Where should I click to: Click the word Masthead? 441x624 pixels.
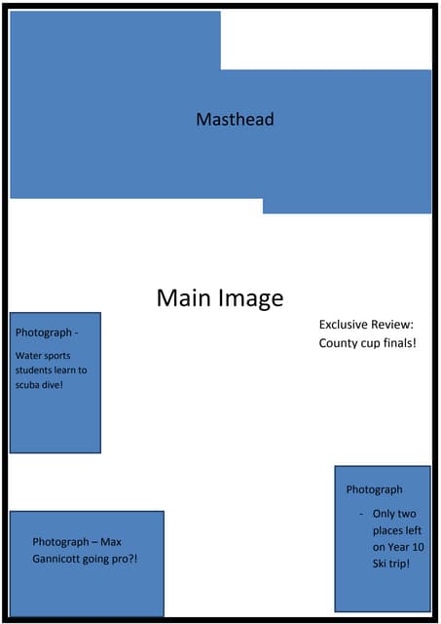click(x=235, y=120)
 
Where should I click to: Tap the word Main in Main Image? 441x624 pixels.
click(x=185, y=298)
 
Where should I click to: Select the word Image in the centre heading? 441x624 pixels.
click(x=250, y=298)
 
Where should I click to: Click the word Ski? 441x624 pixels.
click(x=383, y=564)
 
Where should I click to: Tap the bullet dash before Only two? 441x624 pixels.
click(x=360, y=513)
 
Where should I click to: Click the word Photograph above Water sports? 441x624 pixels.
click(x=43, y=332)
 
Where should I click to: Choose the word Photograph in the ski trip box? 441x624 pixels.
click(x=374, y=489)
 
